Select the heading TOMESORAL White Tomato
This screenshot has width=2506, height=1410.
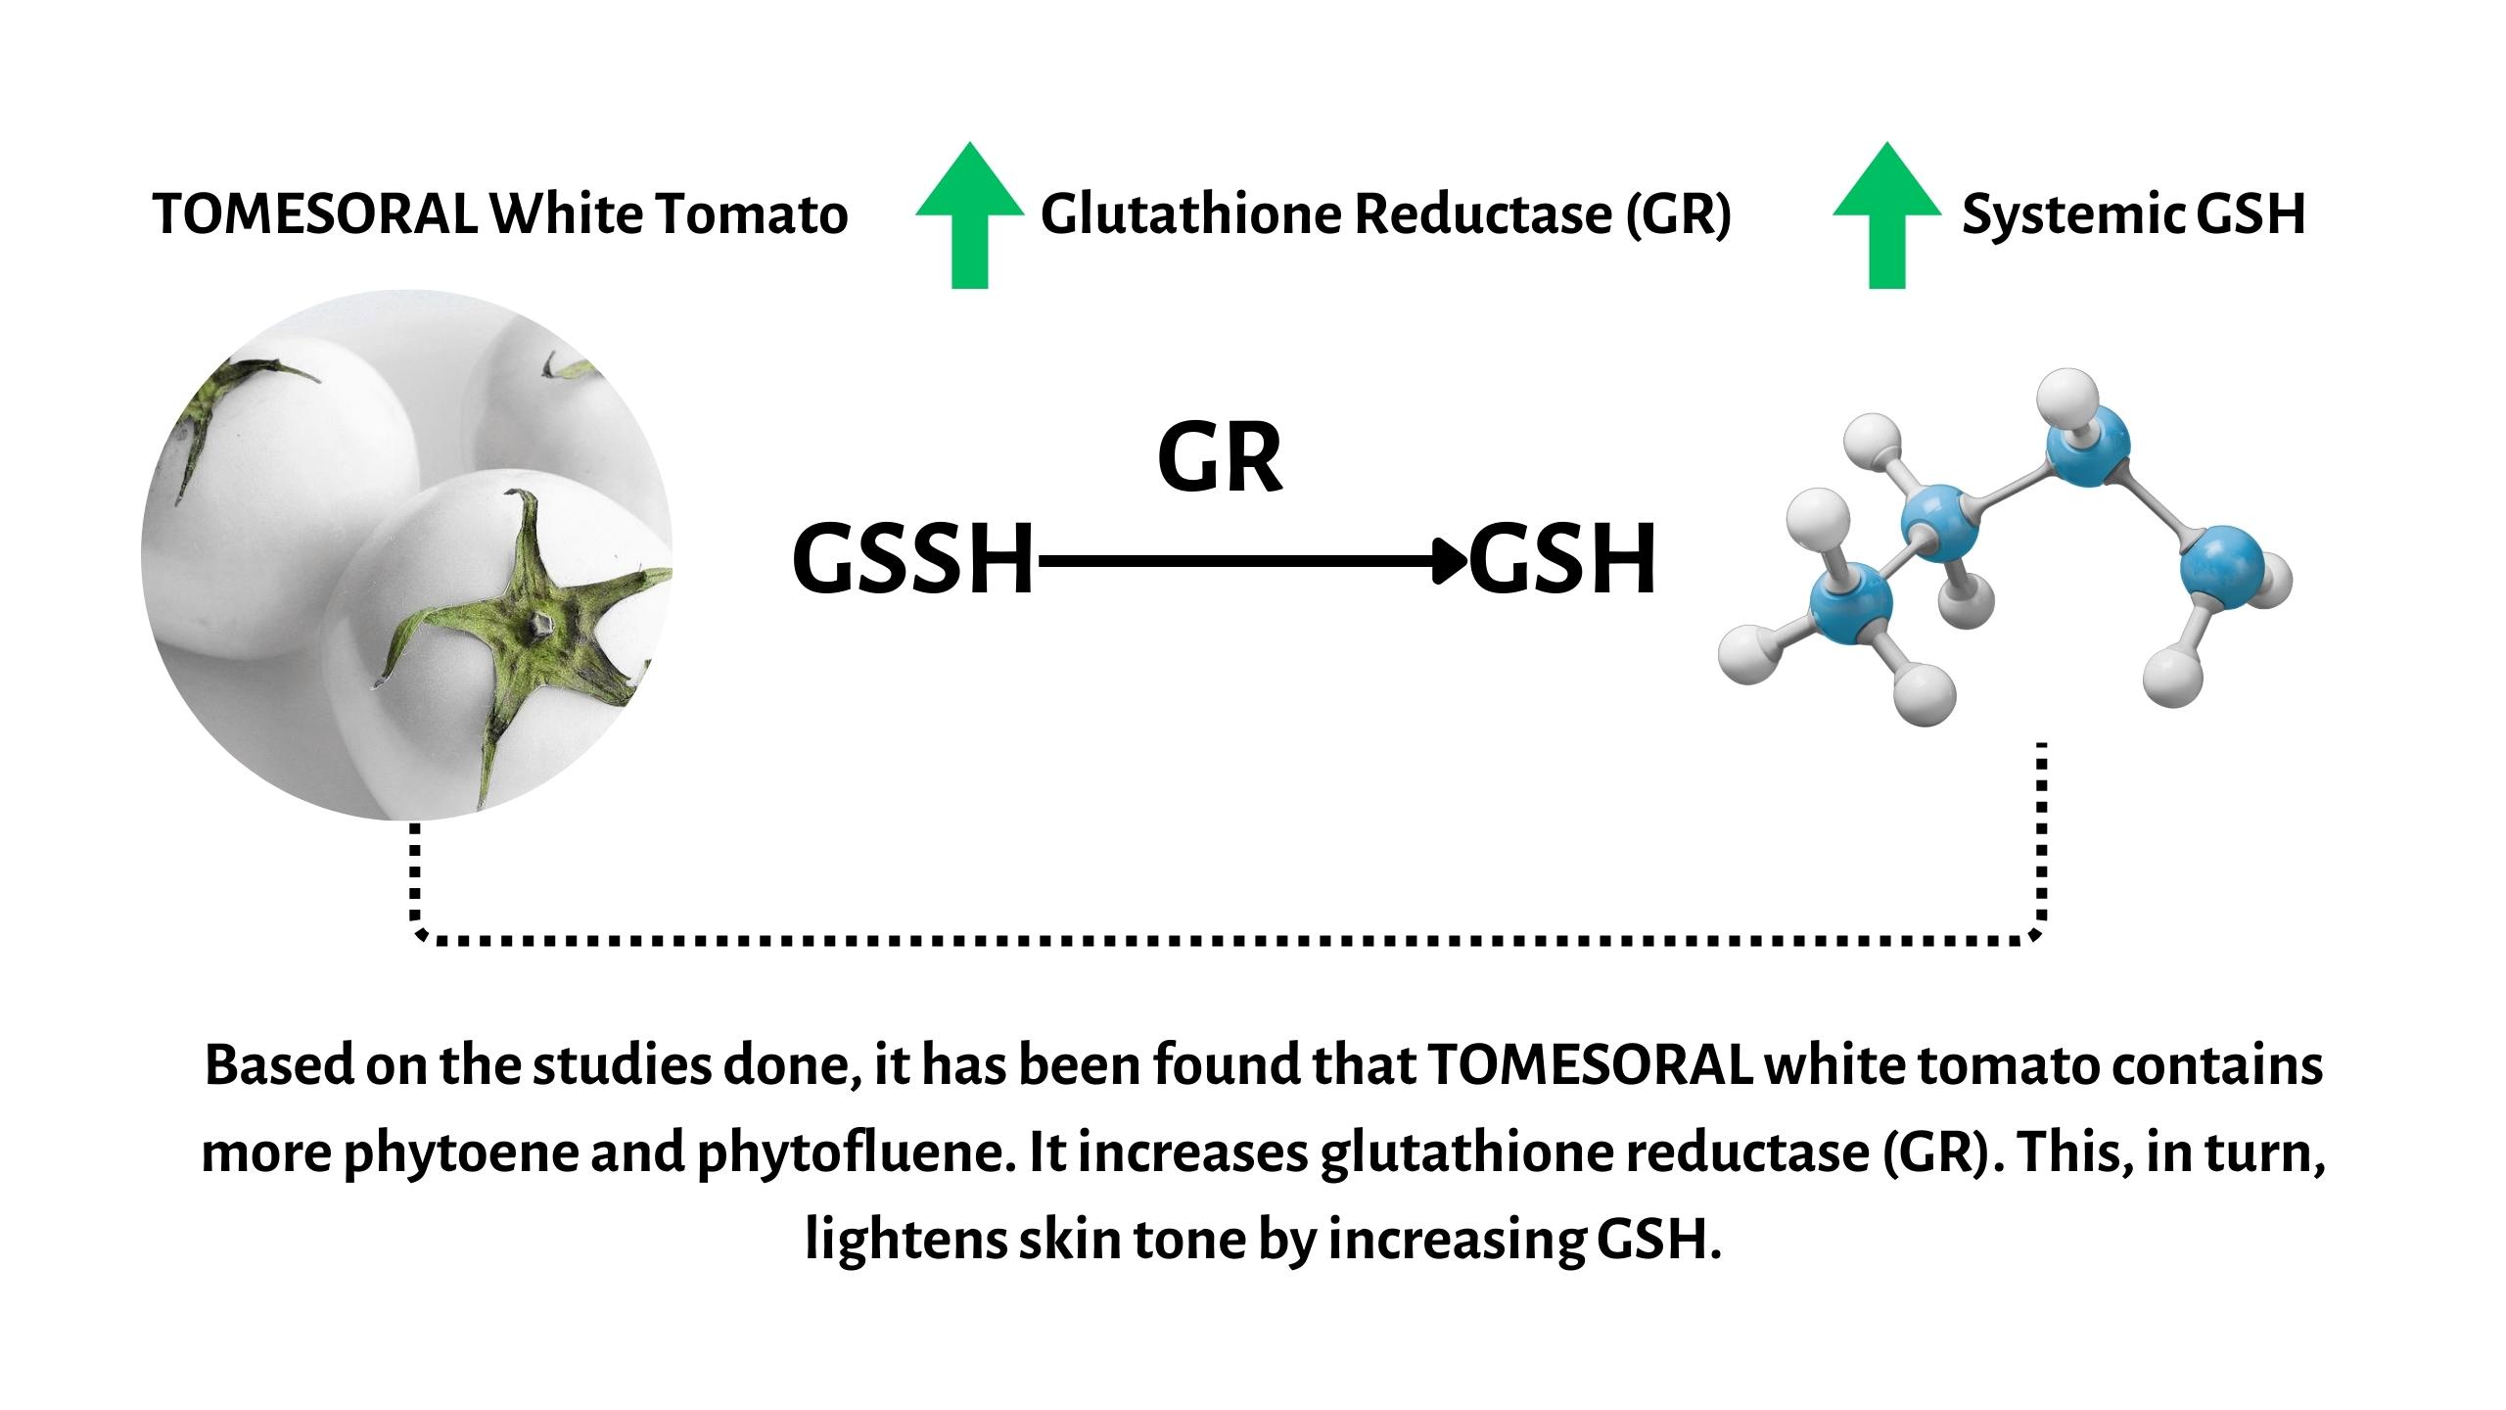click(x=500, y=214)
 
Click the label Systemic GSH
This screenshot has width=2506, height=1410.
click(x=2133, y=214)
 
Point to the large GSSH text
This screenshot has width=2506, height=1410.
click(x=912, y=560)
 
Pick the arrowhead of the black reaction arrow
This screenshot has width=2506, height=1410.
click(x=1451, y=561)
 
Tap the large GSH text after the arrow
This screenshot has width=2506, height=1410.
click(x=1562, y=560)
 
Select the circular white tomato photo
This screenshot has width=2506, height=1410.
click(x=407, y=555)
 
